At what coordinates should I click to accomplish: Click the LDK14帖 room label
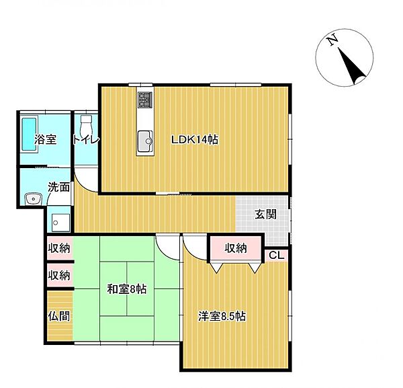195,140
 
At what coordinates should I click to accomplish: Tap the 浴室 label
45,140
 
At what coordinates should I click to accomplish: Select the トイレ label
87,140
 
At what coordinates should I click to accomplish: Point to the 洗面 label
58,188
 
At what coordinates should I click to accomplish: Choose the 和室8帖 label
127,290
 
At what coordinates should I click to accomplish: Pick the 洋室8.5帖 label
222,315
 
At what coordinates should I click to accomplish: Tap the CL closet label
277,254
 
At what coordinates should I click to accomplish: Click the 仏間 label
58,315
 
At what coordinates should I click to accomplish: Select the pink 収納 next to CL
235,248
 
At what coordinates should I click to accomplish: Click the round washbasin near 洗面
31,198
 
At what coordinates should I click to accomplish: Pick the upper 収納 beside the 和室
58,248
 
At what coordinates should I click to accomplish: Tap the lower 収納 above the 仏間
58,275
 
